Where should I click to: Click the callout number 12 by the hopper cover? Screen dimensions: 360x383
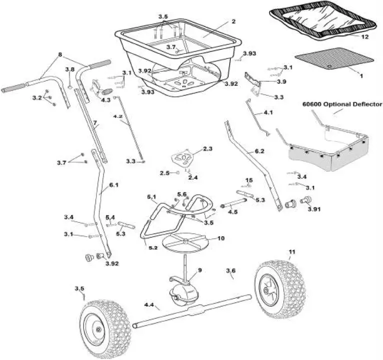click(x=365, y=36)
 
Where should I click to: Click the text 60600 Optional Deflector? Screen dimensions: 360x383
click(x=342, y=105)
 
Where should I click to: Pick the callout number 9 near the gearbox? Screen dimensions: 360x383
click(x=200, y=270)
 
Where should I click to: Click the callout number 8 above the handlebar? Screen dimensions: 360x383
click(x=60, y=54)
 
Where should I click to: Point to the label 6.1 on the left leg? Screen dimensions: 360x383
click(x=113, y=185)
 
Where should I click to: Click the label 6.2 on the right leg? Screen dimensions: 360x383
click(x=260, y=151)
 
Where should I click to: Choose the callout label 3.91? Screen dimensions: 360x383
click(x=314, y=209)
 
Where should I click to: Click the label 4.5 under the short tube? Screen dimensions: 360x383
click(x=233, y=212)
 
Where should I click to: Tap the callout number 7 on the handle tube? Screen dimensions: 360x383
click(x=95, y=122)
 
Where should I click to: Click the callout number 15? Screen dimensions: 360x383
click(x=249, y=180)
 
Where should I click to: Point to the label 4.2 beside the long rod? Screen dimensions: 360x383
click(x=118, y=116)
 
